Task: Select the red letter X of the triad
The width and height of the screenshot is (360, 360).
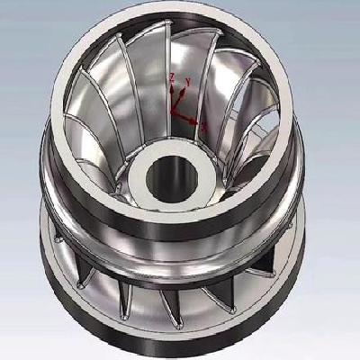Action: (x=203, y=127)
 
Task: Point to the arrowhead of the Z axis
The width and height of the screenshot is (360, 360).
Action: (x=173, y=89)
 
